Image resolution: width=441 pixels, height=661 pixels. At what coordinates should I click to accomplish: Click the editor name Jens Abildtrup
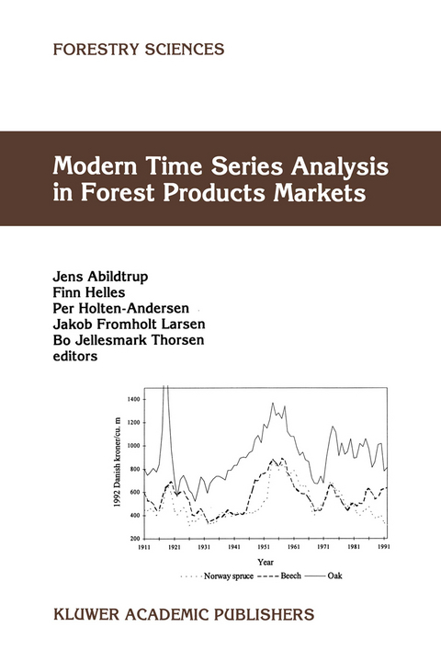(111, 277)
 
